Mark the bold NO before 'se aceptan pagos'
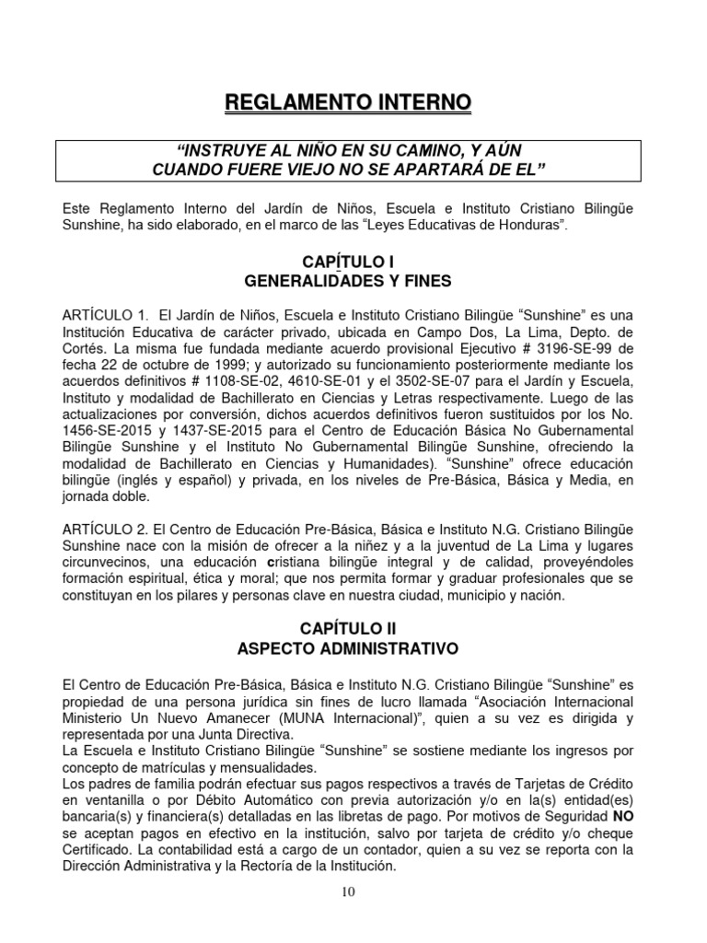pyautogui.click(x=622, y=822)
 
